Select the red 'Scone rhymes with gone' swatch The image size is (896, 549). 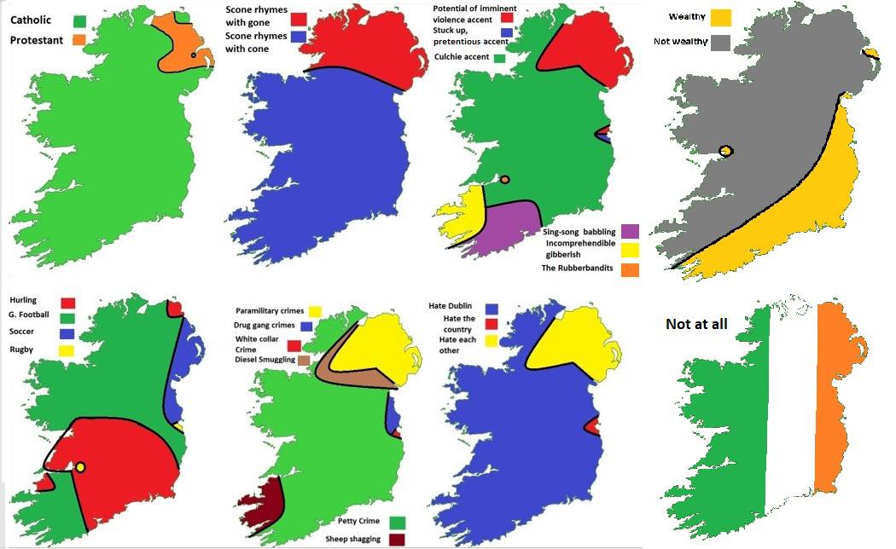coord(299,19)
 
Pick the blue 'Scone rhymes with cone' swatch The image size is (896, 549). coord(299,38)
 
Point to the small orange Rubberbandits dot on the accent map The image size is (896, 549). coord(505,180)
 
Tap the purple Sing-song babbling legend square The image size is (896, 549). coord(631,230)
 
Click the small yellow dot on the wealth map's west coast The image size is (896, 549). coord(726,151)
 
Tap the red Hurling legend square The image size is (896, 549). coord(68,302)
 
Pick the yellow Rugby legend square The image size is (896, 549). coord(68,350)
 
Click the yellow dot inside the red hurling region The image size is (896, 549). coord(80,467)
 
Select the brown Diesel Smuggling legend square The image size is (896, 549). coord(304,360)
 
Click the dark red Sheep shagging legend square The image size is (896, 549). coord(397,538)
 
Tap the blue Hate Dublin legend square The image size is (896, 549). coord(492,309)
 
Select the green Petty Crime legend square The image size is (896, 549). coord(397,522)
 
